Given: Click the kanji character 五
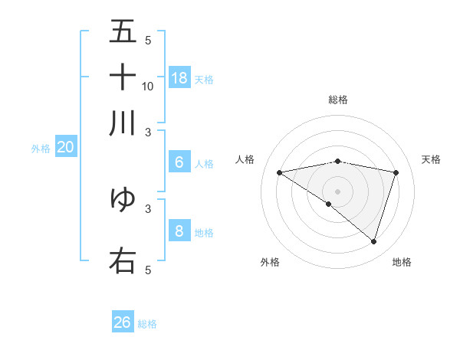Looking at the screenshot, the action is click(123, 31).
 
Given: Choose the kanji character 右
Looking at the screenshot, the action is click(123, 260).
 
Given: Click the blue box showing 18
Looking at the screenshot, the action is click(179, 78).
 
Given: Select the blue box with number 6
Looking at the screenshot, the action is click(179, 162).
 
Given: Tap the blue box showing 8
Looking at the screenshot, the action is click(179, 231).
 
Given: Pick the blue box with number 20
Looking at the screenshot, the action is click(65, 148).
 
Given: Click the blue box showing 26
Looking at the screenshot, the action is click(123, 322).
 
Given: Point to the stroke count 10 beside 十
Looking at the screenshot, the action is click(148, 87).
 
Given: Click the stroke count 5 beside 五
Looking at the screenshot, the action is click(148, 41).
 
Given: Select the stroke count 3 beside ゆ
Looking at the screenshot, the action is click(148, 208).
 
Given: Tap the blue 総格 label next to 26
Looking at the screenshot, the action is click(148, 324).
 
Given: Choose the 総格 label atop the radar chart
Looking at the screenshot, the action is click(338, 100).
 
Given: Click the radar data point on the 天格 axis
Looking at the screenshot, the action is click(396, 172).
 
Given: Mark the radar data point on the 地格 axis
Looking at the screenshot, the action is click(373, 241).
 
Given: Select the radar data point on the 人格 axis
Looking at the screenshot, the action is click(279, 172).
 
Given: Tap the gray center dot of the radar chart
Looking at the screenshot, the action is click(338, 191).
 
